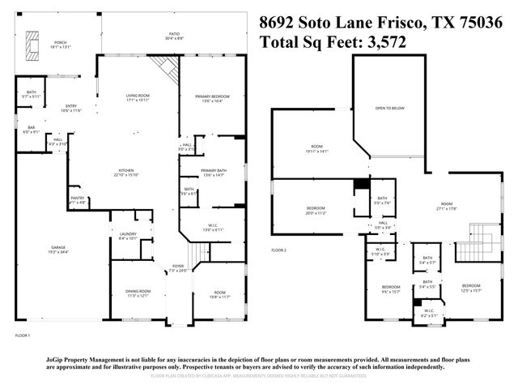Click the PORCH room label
(61, 43)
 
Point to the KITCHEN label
(127, 171)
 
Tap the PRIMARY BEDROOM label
(212, 97)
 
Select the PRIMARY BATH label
(213, 170)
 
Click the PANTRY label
(78, 198)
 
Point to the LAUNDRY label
(128, 235)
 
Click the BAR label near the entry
(32, 128)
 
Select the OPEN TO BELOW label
(389, 108)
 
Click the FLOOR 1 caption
(22, 335)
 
